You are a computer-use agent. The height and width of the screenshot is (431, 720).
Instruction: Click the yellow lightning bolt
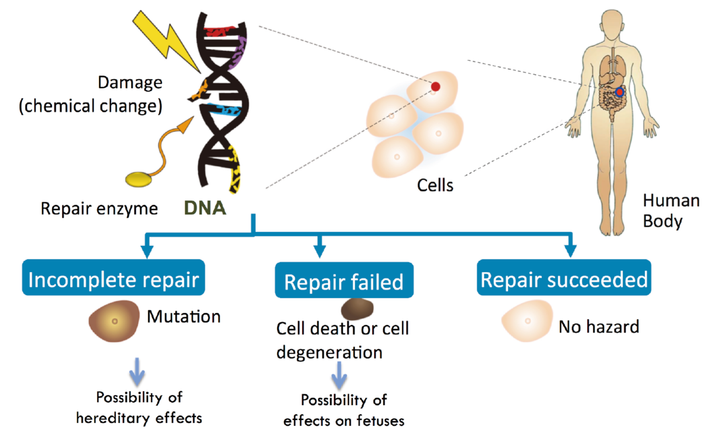point(166,40)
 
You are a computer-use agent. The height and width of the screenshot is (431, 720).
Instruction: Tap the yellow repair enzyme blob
point(139,180)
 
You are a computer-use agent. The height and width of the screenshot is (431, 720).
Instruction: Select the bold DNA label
point(205,208)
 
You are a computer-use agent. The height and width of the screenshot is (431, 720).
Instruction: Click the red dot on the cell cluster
point(435,86)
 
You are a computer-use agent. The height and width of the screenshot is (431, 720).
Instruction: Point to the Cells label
point(435,185)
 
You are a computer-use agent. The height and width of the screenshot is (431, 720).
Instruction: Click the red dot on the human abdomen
point(619,93)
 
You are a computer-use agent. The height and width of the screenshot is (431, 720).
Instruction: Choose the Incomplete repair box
point(113,277)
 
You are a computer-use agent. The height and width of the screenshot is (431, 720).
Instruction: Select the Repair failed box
point(344,280)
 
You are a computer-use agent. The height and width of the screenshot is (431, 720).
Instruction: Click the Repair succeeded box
point(564,277)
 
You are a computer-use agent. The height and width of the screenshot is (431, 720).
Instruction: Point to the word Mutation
point(183,317)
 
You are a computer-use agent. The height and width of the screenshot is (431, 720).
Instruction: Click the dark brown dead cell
point(357,309)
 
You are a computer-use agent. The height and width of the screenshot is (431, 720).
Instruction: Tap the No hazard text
point(599,327)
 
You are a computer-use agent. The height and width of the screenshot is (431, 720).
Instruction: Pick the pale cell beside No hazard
point(527,320)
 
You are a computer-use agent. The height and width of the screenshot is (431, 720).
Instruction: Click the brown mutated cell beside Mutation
point(114,321)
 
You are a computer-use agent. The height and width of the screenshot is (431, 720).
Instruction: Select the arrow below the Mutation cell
point(137,371)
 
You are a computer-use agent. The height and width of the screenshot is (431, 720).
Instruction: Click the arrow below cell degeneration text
point(339,375)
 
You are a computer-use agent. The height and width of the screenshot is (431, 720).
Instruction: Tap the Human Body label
point(671,211)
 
